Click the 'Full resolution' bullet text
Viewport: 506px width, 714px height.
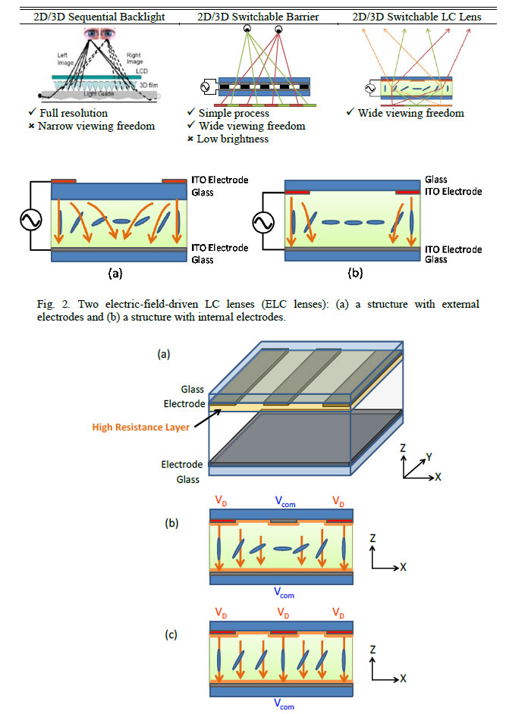tap(80, 113)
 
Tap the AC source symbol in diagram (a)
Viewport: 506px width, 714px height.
tap(31, 221)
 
